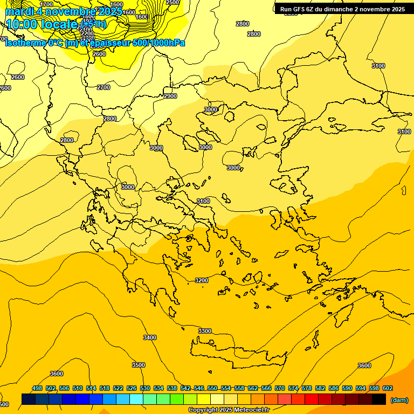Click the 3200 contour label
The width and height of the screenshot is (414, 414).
[x=202, y=280]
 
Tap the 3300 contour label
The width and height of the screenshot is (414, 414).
[x=205, y=330]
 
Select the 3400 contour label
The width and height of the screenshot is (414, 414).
[x=150, y=337]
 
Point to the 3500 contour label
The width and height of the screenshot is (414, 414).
[x=139, y=365]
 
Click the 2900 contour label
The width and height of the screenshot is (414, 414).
[x=170, y=96]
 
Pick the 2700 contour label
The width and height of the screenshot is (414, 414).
[x=103, y=87]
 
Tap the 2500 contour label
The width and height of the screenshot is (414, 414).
[x=172, y=3]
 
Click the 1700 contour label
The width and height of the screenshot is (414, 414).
[x=47, y=4]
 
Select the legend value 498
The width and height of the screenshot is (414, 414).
[x=37, y=388]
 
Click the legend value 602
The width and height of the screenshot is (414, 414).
[x=388, y=388]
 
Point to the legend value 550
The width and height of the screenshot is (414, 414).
[x=212, y=388]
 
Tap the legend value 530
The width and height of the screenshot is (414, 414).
[x=145, y=388]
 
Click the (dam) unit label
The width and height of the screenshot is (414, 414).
[x=399, y=400]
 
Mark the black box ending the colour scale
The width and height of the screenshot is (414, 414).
[x=379, y=399]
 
